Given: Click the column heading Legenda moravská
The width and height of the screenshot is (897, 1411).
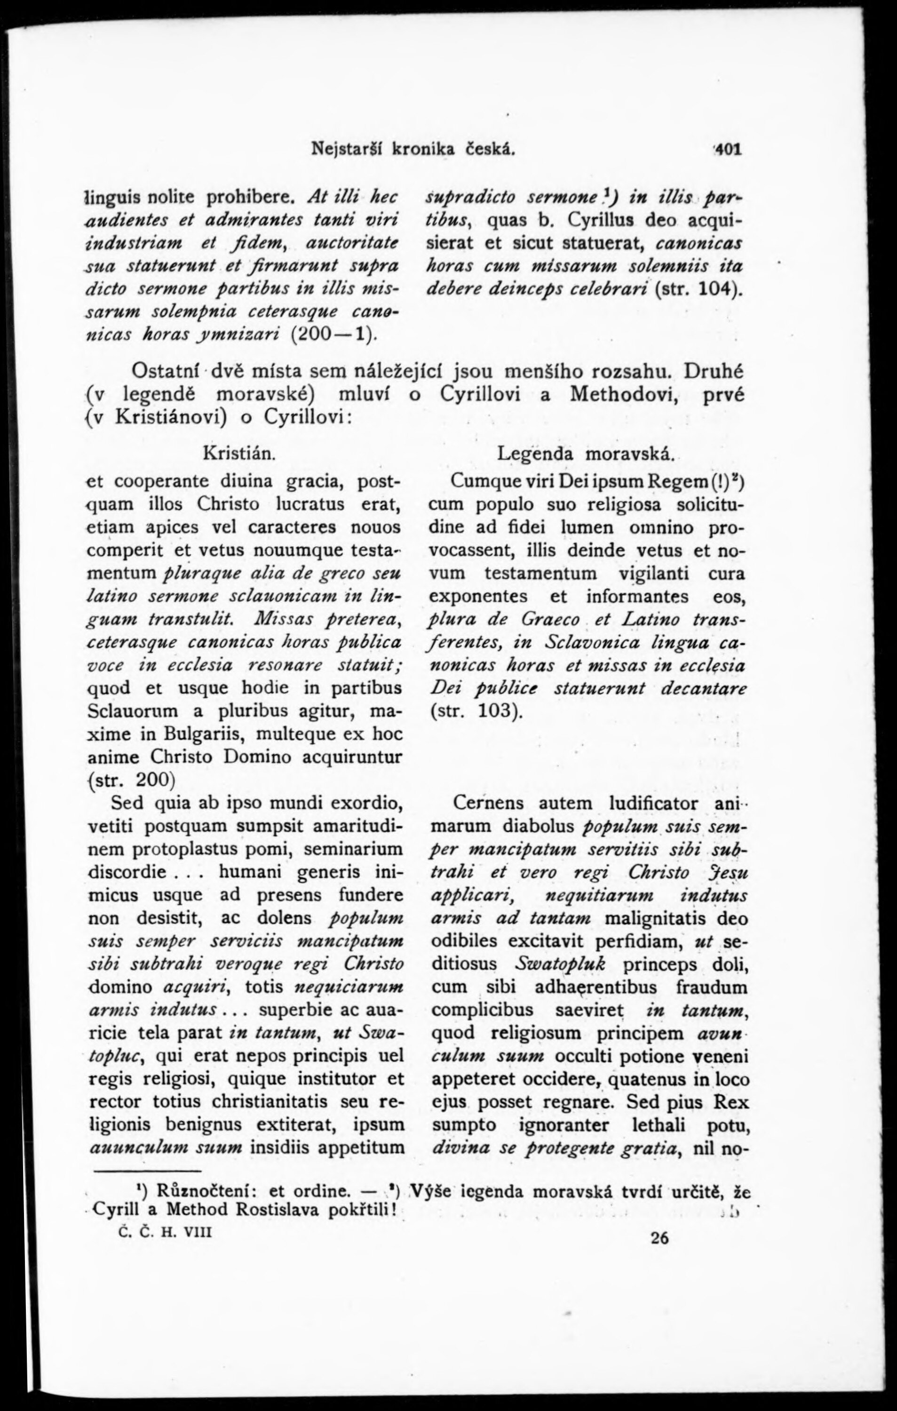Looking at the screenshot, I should (587, 454).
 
